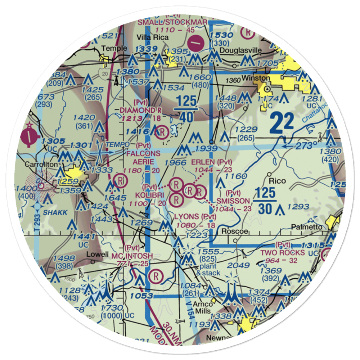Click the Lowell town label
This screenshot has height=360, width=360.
click(x=97, y=254)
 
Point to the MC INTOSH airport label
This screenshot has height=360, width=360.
click(x=132, y=256)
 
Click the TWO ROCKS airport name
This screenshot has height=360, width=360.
click(x=283, y=253)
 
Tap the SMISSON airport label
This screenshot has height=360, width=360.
click(x=233, y=201)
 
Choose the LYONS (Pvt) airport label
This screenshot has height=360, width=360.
click(x=195, y=217)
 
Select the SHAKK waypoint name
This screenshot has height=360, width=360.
click(x=55, y=213)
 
